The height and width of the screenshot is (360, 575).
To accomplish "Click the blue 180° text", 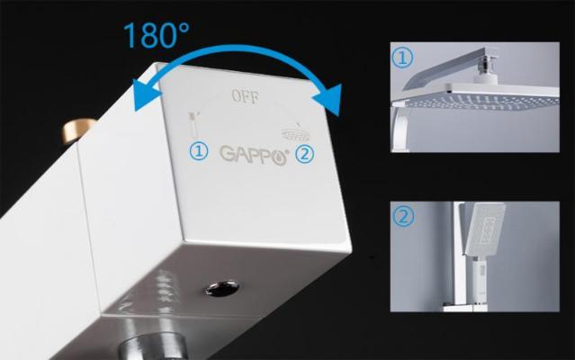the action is [x=157, y=35].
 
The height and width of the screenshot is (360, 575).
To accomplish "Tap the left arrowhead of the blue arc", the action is [x=147, y=94].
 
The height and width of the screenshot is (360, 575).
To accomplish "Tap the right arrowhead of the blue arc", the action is [x=328, y=99].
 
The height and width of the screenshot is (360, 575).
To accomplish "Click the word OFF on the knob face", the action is [x=246, y=97].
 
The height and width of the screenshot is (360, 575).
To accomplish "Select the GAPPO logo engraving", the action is [x=254, y=155].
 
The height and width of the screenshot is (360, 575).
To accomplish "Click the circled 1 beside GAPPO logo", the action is [x=199, y=151].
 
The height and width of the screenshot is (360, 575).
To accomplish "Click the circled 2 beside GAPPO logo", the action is [x=305, y=154].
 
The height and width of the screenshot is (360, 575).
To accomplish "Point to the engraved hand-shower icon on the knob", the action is [x=193, y=124].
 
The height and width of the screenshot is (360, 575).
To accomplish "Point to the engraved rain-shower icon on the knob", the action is [x=295, y=132].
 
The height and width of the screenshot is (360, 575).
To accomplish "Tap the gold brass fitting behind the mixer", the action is [x=77, y=130].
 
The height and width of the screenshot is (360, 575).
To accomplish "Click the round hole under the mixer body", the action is [x=222, y=288].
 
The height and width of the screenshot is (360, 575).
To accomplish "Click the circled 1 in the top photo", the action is [x=402, y=58].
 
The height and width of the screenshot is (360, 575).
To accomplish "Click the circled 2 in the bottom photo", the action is [x=403, y=216].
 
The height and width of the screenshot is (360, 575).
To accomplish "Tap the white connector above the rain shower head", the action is [x=486, y=78].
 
